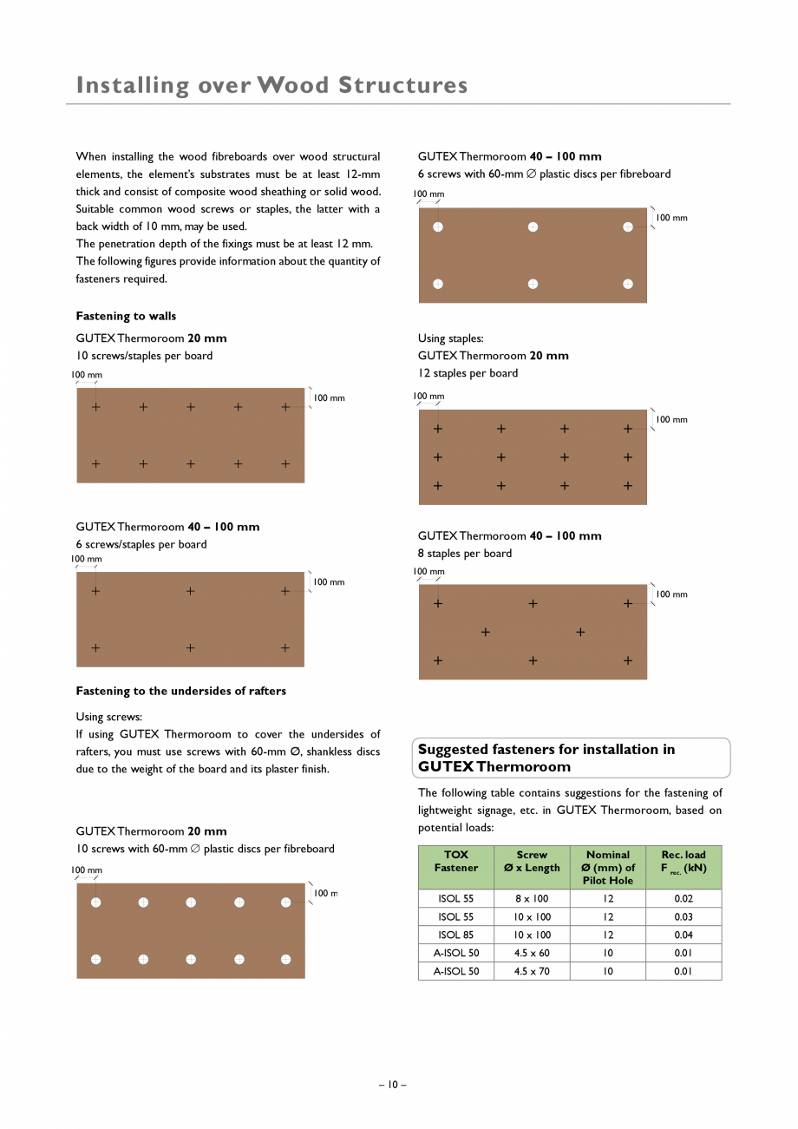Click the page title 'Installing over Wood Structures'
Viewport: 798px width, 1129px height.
pos(271,85)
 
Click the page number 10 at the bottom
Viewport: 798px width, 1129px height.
pos(392,1085)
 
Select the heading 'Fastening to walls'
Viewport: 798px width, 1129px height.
pos(126,316)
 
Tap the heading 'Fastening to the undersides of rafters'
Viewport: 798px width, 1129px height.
pos(180,691)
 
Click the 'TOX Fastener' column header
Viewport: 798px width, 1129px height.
pos(455,861)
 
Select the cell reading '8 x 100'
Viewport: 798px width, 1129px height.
pos(532,899)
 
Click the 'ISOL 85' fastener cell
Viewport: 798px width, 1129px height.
pos(455,935)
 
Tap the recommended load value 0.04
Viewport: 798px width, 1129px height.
pos(683,935)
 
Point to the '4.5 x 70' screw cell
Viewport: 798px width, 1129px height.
pos(532,972)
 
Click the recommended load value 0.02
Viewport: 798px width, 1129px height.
pos(683,899)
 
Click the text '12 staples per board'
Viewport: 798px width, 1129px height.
pos(468,373)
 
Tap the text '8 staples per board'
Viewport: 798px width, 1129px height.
pos(464,554)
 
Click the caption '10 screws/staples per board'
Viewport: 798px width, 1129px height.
pos(144,356)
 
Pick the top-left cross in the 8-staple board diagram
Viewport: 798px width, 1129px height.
pos(437,603)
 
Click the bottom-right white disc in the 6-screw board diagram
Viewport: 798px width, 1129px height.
pos(628,284)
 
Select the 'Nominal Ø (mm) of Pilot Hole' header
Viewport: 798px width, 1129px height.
pos(607,867)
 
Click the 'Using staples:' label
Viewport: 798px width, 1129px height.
pos(450,338)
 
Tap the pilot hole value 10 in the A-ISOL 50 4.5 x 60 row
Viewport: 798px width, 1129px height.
pos(607,954)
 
